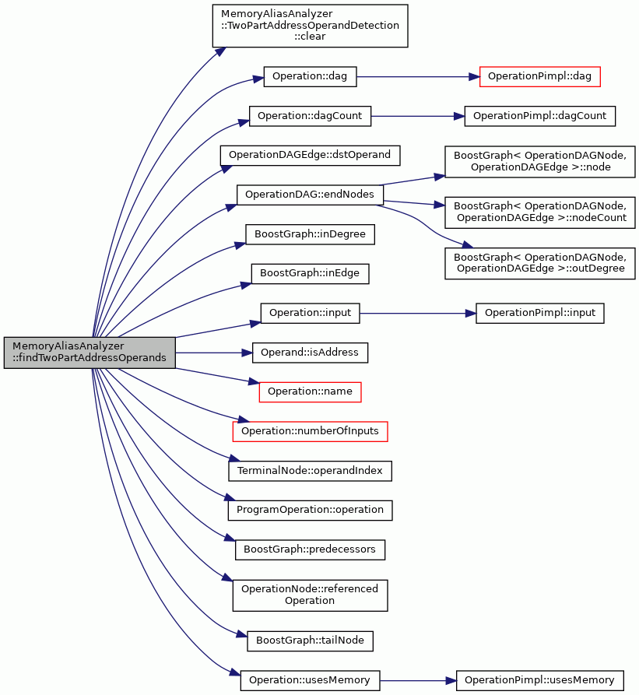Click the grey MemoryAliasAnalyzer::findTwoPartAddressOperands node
(x=90, y=353)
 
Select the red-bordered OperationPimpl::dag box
(x=539, y=77)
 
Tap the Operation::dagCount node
(x=310, y=116)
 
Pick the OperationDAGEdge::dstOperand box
(x=311, y=156)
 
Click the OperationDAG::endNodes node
(x=310, y=195)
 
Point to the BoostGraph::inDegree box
(x=311, y=234)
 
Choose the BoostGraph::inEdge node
(x=310, y=273)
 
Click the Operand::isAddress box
(x=310, y=353)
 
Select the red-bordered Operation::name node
(x=310, y=391)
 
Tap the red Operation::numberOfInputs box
(x=311, y=431)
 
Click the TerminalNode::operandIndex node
(x=311, y=471)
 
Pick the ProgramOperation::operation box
(x=311, y=511)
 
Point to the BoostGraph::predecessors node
(x=310, y=549)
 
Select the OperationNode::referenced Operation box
(x=311, y=595)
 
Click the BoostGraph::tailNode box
(x=311, y=641)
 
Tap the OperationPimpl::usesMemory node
(x=539, y=681)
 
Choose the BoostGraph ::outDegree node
(x=539, y=263)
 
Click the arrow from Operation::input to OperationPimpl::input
(x=417, y=314)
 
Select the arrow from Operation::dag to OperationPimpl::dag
(x=418, y=77)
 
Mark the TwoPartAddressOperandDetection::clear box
(x=310, y=26)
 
